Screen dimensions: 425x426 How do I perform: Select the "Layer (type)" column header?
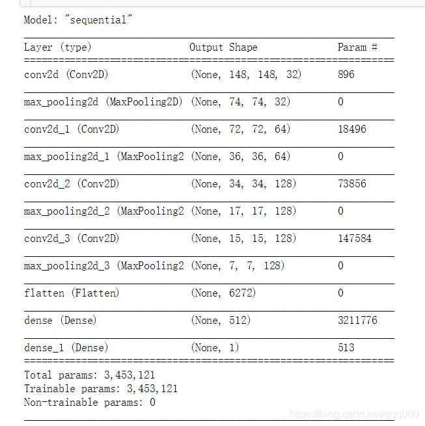[57, 47]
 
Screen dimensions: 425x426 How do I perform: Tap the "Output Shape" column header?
[223, 47]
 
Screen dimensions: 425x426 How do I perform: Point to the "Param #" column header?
[357, 47]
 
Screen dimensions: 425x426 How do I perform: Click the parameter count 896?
[346, 75]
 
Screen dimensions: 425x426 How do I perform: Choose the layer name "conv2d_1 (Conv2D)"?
[72, 129]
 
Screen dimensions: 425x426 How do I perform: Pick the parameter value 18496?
[351, 129]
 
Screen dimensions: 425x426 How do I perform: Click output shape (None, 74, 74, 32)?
[240, 102]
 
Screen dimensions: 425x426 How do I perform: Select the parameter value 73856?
[351, 184]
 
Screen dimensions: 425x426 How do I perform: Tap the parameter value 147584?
[354, 239]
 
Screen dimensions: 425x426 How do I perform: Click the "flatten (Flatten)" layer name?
[72, 293]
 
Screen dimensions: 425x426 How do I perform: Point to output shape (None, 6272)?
[223, 293]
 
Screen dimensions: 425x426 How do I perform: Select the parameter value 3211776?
[357, 321]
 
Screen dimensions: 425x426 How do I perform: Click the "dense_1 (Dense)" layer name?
[66, 348]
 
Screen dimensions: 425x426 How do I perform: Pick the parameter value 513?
[346, 348]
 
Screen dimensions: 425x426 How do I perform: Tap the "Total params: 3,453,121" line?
[89, 375]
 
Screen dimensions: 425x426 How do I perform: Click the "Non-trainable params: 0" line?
[89, 403]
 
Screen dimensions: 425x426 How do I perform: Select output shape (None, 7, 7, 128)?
[238, 266]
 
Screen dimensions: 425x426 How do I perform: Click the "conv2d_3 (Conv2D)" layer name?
[72, 239]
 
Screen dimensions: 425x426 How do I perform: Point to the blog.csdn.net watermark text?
[354, 414]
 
